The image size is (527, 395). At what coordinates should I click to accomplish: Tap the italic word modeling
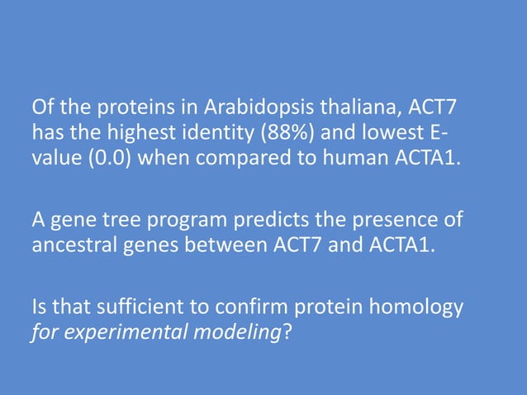235,334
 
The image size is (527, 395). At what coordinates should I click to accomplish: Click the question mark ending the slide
286,333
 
